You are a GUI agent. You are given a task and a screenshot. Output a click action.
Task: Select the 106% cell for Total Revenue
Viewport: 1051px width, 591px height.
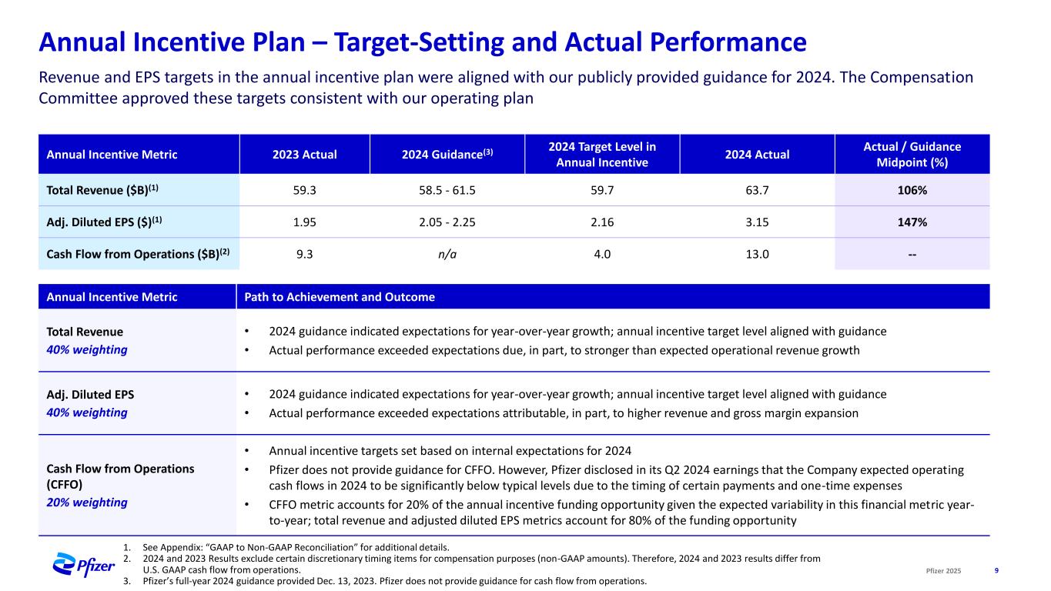(912, 190)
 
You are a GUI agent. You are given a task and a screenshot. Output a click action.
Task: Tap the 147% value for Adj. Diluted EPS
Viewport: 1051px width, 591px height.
(912, 222)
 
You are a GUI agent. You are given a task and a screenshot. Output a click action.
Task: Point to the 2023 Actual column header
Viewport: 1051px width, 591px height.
(304, 155)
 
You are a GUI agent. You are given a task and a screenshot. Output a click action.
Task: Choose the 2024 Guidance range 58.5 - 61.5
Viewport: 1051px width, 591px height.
(447, 190)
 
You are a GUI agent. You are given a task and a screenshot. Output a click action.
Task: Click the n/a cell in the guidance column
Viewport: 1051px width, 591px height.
(447, 253)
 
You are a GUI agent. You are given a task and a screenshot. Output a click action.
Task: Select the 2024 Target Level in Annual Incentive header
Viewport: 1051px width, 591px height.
(602, 154)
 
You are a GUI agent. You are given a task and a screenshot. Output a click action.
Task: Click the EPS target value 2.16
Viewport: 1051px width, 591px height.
(602, 222)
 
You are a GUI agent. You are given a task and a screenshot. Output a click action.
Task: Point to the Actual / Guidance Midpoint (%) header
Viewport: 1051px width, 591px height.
(912, 154)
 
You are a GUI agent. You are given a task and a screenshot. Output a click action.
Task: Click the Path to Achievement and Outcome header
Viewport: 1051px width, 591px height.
(340, 297)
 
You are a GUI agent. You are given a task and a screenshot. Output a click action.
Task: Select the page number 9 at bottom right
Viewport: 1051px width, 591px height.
(997, 570)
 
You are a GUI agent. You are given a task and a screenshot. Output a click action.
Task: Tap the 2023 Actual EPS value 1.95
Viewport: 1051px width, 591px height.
(304, 222)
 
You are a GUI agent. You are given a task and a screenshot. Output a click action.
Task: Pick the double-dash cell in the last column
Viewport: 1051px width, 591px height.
(912, 253)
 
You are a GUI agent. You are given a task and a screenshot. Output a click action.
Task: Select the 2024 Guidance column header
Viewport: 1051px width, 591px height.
(447, 154)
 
